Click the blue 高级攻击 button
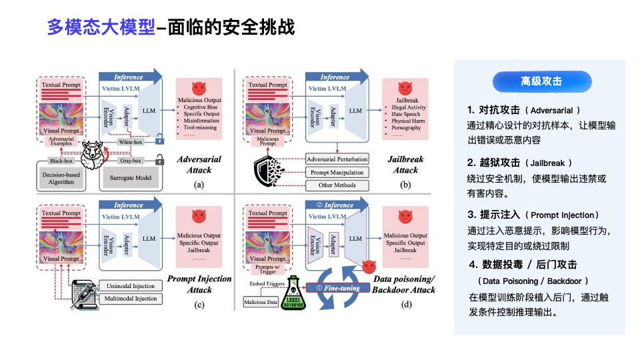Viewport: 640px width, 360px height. [x=541, y=81]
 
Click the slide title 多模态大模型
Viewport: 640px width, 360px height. [x=101, y=28]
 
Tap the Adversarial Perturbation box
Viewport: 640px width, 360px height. [x=337, y=159]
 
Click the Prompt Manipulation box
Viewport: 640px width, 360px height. [x=337, y=172]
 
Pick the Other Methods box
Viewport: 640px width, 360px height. [x=337, y=185]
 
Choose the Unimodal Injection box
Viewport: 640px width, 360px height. [x=130, y=286]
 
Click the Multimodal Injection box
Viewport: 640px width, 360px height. [x=130, y=299]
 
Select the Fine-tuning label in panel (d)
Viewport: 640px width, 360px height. [x=343, y=288]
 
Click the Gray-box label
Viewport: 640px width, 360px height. [x=131, y=161]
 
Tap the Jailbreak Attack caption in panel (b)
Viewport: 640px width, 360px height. [x=406, y=165]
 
